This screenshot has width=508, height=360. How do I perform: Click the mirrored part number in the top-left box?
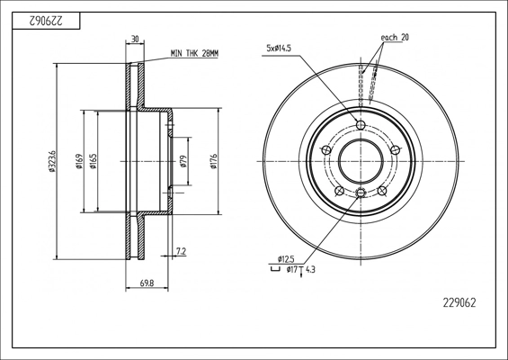[x=46, y=21]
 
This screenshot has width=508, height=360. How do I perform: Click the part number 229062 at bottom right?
[x=459, y=303]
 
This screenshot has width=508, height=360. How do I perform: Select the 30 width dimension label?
[x=135, y=40]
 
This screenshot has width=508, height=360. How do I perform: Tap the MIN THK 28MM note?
[x=194, y=53]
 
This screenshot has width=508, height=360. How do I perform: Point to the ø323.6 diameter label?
[x=51, y=161]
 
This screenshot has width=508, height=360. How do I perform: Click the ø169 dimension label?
[x=79, y=161]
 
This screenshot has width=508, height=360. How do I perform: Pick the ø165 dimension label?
[x=93, y=161]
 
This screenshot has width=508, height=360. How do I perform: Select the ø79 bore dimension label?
[x=183, y=161]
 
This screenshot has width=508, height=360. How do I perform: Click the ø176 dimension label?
[x=213, y=161]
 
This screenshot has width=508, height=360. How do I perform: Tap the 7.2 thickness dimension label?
[x=181, y=251]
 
